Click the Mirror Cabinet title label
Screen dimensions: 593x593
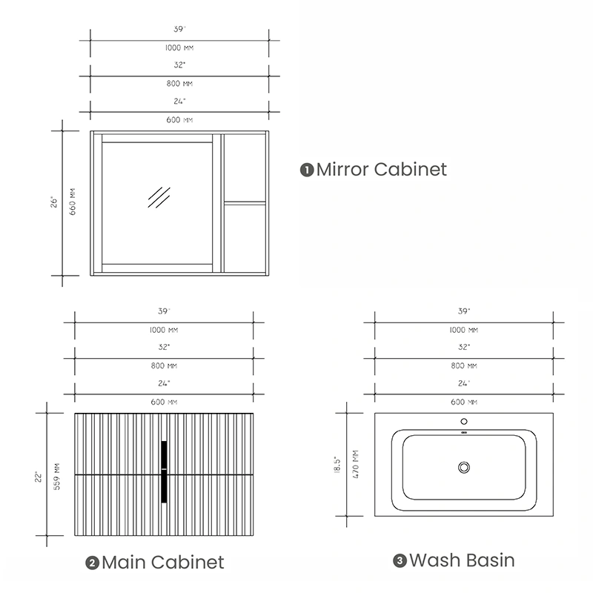[381, 170]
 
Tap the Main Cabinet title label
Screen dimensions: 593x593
[163, 563]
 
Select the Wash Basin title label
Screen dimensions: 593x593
[462, 560]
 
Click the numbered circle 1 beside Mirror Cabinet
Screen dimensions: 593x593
[307, 170]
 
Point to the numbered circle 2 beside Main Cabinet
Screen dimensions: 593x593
[92, 563]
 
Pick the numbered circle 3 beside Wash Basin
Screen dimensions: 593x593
[400, 561]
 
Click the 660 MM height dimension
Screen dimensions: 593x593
[72, 202]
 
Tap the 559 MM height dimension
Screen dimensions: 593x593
[57, 477]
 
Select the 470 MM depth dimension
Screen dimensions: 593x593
[356, 464]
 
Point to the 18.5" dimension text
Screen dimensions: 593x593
[337, 465]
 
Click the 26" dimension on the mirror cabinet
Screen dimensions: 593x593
[54, 202]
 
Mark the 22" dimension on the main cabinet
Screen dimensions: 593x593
[39, 477]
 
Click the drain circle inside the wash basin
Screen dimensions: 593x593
[464, 468]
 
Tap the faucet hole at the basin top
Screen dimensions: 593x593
[464, 421]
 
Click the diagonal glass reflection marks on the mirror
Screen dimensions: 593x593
[159, 197]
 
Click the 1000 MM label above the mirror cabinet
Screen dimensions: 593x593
[179, 47]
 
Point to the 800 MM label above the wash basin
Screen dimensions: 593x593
[464, 365]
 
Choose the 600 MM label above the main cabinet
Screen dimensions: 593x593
[164, 402]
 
